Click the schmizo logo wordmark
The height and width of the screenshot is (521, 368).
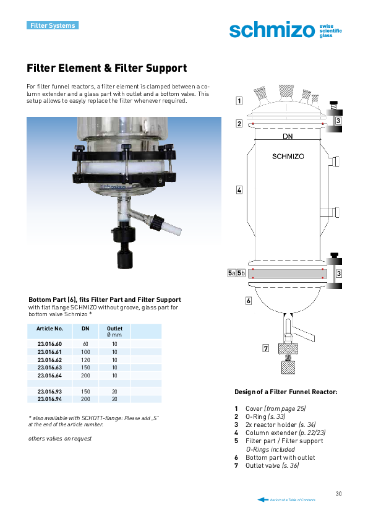[272, 30]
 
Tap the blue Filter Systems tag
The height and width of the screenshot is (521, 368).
[53, 25]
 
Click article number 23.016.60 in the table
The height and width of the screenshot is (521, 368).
[49, 344]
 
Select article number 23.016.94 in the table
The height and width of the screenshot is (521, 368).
[49, 399]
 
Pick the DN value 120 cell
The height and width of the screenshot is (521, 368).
[85, 360]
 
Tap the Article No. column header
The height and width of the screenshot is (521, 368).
[49, 329]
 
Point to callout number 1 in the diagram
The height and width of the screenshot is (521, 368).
[239, 101]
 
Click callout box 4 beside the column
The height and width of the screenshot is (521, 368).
[239, 190]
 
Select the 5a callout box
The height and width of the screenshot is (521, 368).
[231, 273]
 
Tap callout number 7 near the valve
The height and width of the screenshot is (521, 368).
[266, 348]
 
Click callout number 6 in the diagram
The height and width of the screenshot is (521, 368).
[249, 301]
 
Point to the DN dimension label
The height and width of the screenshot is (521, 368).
[288, 136]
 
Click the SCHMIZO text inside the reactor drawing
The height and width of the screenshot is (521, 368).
[288, 156]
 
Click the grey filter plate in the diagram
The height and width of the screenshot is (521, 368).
[288, 273]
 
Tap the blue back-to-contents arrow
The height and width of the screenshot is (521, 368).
[263, 499]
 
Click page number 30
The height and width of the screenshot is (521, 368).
[338, 493]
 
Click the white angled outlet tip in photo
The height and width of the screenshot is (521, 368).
[173, 230]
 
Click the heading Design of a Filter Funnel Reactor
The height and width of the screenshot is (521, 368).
[286, 392]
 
